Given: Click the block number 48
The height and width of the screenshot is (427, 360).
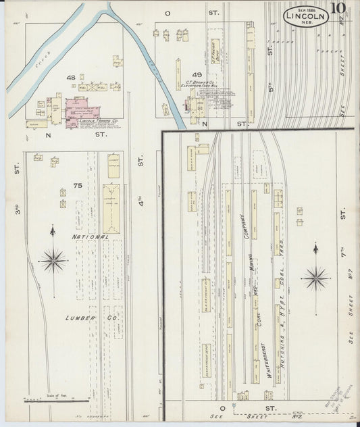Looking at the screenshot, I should point(70,78).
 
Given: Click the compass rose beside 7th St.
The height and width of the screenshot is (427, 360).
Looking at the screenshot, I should point(315,276).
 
